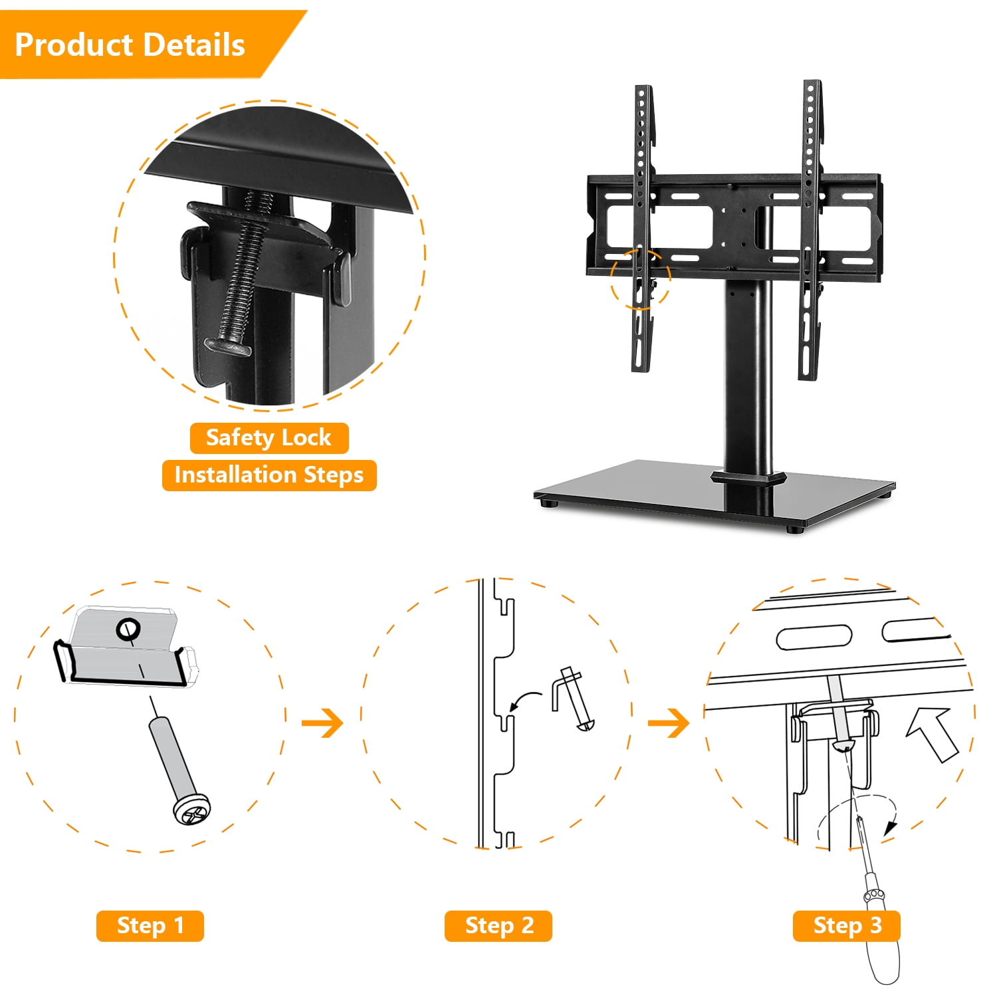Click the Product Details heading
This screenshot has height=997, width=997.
click(130, 45)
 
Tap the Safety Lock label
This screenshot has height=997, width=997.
click(269, 437)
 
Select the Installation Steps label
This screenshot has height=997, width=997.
click(269, 475)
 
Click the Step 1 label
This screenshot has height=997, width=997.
click(150, 925)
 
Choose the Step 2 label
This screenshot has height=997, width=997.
click(499, 925)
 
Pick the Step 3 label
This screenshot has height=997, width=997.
click(847, 925)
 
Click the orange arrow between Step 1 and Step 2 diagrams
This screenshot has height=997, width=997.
click(322, 722)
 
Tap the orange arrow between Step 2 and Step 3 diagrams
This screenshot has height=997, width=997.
click(669, 722)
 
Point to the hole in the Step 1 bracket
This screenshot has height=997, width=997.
click(128, 628)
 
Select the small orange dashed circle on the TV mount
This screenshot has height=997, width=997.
click(640, 278)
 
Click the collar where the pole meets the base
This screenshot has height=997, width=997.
click(748, 477)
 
